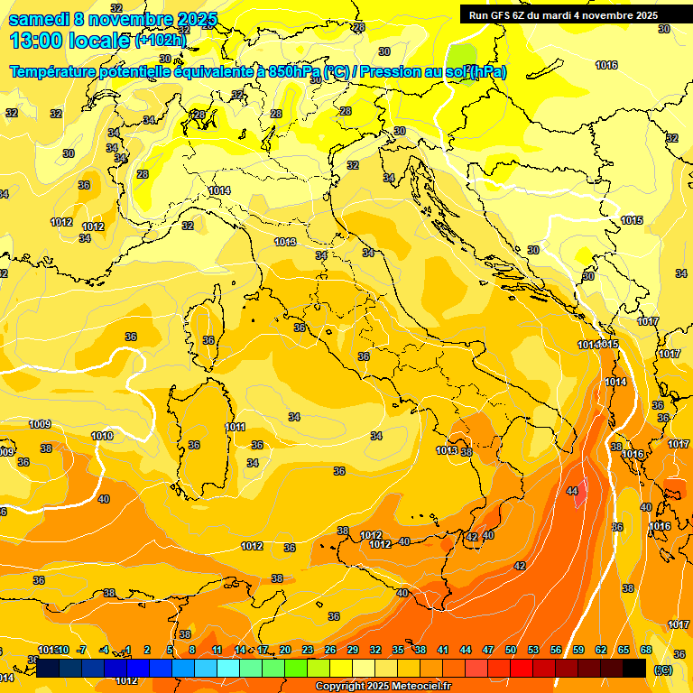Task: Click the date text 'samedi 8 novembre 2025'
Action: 113,19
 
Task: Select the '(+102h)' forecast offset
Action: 161,41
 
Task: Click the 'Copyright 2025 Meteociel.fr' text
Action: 383,686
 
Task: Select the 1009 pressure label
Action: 40,424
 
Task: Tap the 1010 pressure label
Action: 102,436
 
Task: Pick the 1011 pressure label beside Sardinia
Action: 236,427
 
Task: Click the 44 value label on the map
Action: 572,491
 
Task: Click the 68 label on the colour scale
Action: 646,650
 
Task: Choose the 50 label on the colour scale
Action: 511,650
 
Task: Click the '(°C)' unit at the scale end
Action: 663,670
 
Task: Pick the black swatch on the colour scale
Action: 634,668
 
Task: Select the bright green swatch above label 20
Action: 296,668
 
